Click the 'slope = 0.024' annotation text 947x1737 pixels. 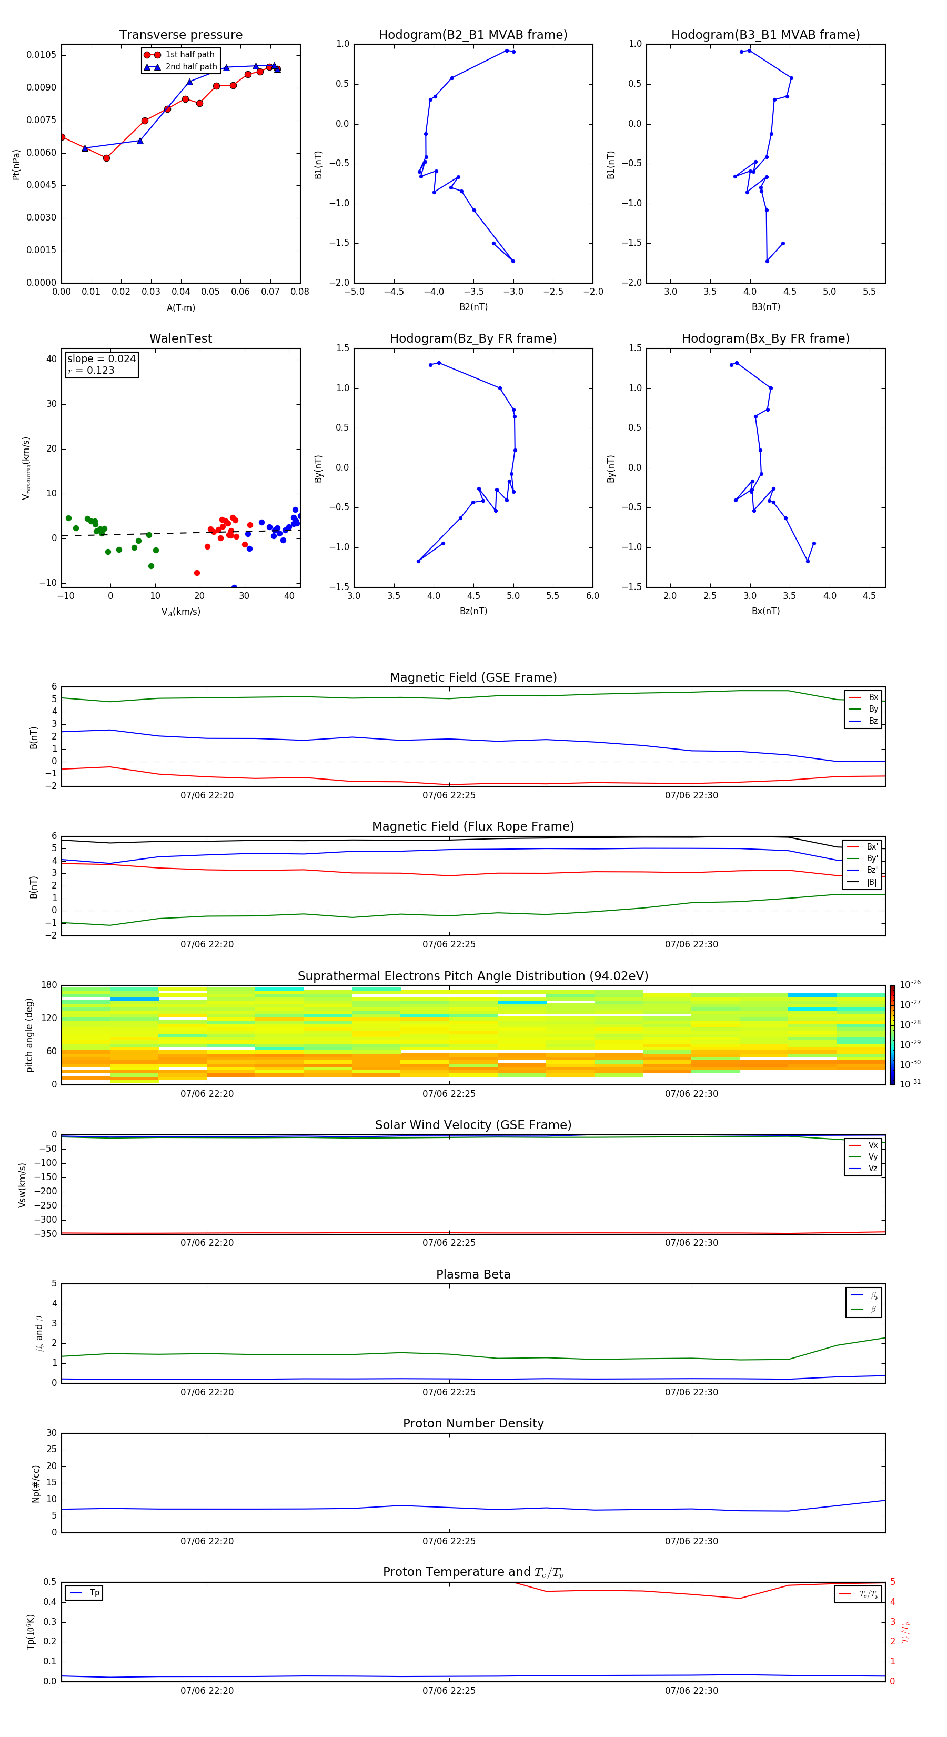point(101,359)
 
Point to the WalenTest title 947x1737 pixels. point(180,338)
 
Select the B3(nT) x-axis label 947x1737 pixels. point(765,307)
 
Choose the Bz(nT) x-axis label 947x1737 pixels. point(473,611)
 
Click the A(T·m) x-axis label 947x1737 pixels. point(180,307)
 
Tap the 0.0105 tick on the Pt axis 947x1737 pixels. point(42,55)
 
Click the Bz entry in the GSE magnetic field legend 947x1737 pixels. point(873,721)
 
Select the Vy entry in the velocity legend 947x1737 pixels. point(873,1156)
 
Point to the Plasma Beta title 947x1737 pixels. point(473,1274)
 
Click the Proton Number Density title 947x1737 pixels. point(473,1423)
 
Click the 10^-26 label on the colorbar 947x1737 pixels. point(910,984)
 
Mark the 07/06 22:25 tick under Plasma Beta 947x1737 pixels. point(449,1392)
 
